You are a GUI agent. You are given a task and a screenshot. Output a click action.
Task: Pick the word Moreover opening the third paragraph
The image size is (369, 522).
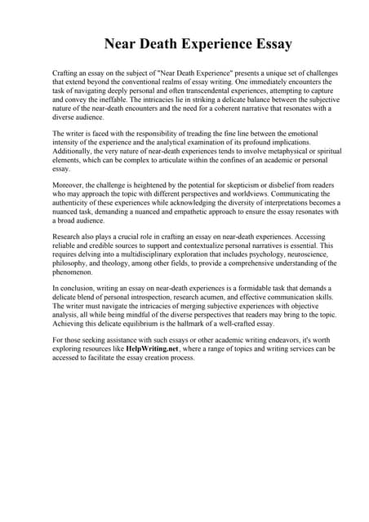click(x=69, y=185)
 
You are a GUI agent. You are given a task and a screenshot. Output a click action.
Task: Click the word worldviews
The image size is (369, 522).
click(x=250, y=193)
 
